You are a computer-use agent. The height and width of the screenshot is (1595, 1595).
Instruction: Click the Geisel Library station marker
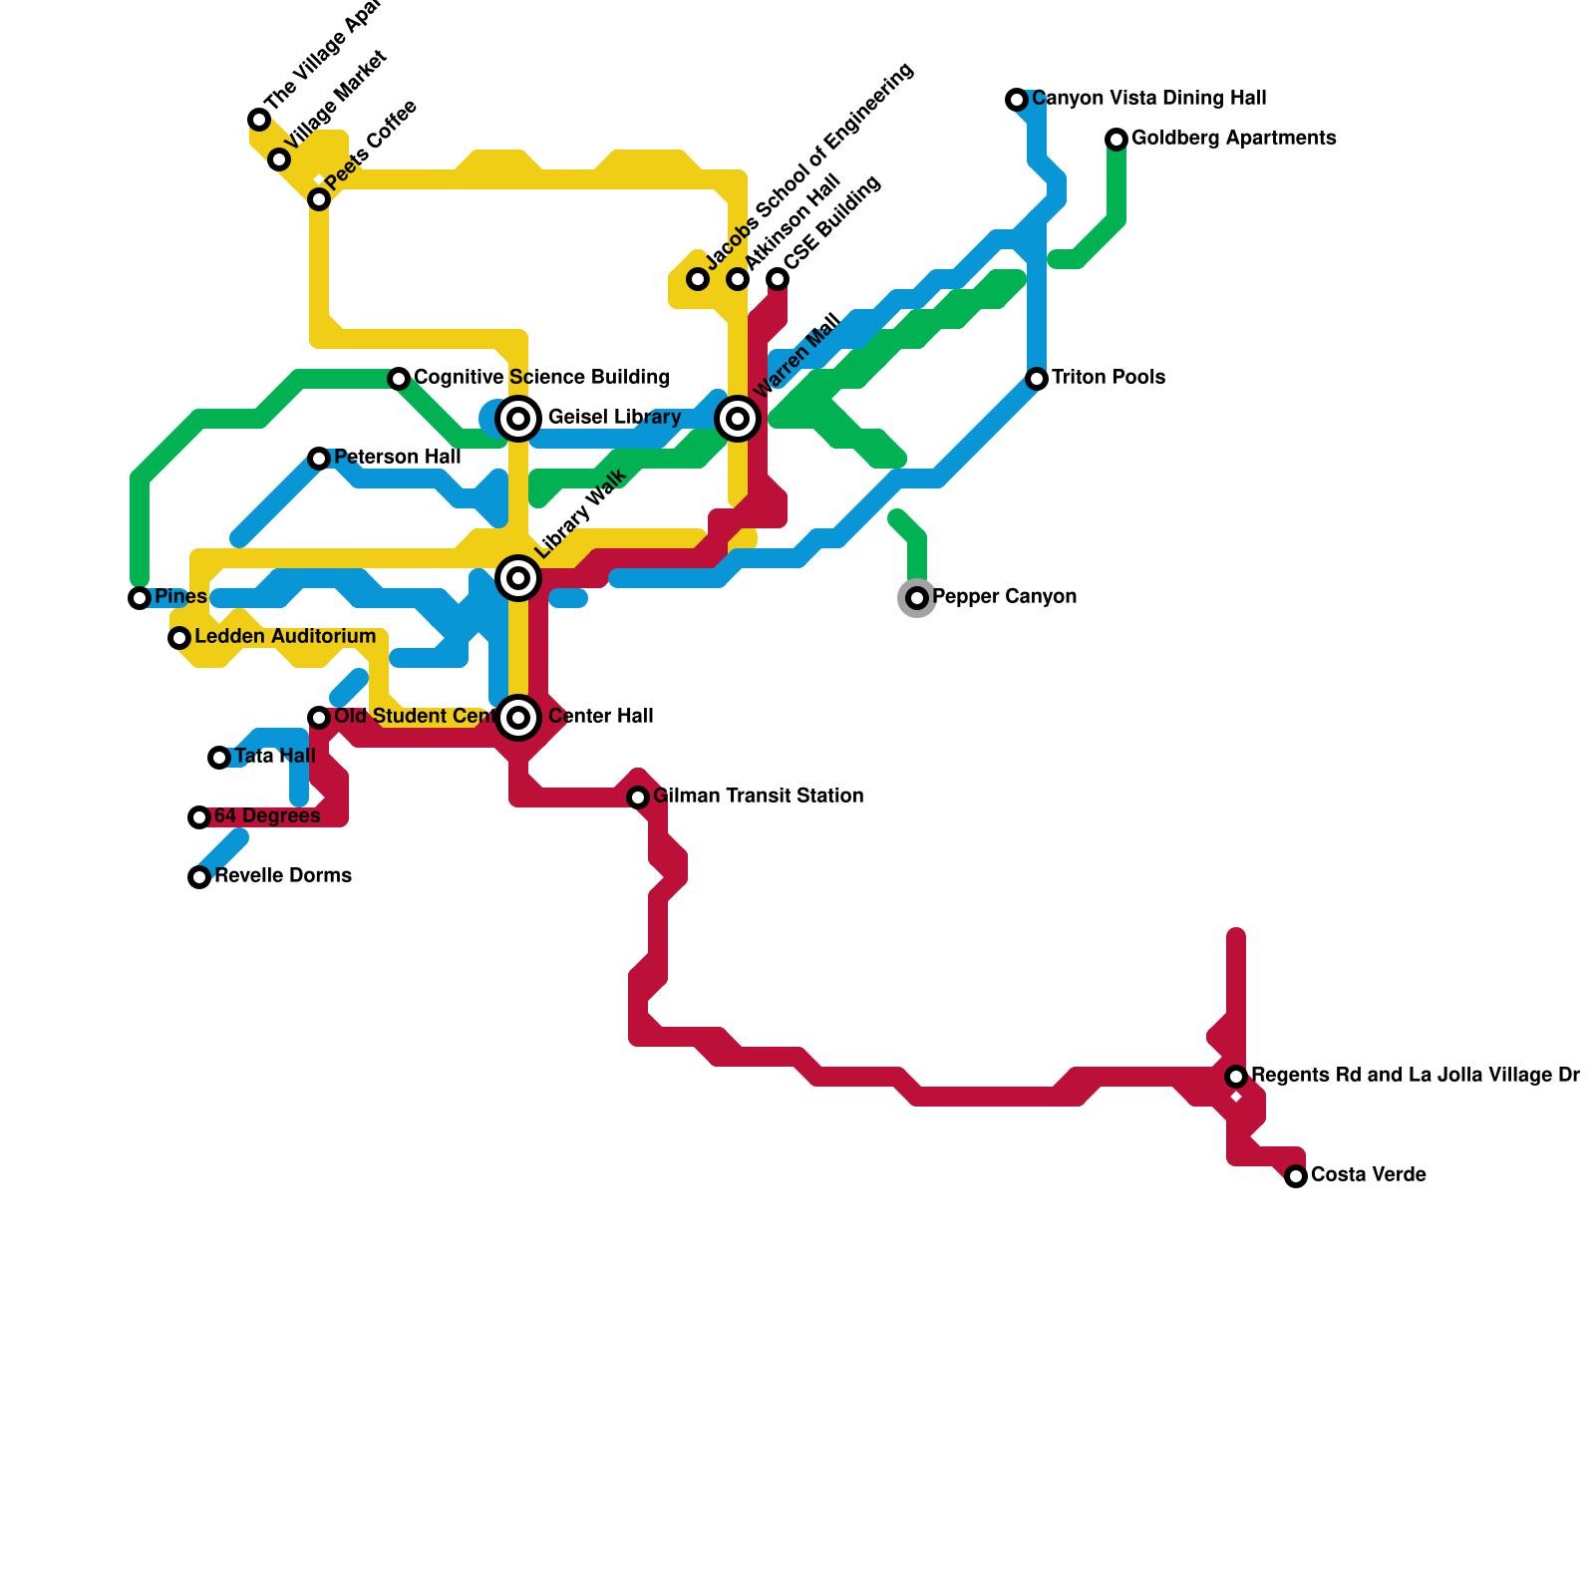tap(518, 419)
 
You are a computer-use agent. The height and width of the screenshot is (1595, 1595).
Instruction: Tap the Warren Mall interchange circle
tap(738, 419)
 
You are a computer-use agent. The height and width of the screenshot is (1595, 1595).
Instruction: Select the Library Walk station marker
tap(518, 578)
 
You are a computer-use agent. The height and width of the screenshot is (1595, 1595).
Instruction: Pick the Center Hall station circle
tap(518, 717)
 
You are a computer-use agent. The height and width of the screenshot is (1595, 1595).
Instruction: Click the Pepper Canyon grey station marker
tap(917, 598)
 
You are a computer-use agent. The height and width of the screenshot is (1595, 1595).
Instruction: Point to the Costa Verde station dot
tap(1296, 1176)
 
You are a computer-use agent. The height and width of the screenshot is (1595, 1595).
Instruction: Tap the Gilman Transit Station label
tap(758, 796)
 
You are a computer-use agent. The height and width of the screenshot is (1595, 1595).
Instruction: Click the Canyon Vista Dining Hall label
tap(1148, 98)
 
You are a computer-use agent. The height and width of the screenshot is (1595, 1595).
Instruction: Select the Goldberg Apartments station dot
tap(1116, 140)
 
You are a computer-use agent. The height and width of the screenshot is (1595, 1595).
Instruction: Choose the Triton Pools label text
tap(1108, 377)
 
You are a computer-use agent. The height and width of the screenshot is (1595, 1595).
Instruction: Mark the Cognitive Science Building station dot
tap(399, 379)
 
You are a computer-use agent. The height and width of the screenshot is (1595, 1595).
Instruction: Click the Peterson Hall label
tap(397, 457)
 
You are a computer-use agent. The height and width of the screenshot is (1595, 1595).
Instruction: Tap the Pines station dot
tap(140, 598)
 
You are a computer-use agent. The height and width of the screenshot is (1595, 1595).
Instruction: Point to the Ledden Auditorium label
tap(284, 636)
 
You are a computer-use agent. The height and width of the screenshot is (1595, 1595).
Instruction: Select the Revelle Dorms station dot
tap(199, 877)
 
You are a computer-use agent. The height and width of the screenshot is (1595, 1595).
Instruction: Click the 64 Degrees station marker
tap(199, 817)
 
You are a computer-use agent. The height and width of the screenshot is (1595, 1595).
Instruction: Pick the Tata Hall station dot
tap(219, 758)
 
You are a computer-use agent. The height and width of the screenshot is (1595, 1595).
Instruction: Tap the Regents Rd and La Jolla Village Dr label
tap(1415, 1075)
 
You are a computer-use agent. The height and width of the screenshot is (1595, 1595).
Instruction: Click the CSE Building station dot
tap(778, 279)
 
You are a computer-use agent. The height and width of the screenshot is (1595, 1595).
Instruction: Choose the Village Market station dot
tap(279, 159)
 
